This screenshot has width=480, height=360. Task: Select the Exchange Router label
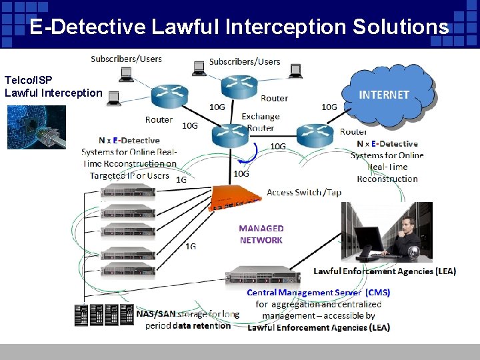(x=261, y=122)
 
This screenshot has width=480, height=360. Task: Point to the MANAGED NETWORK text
(x=261, y=234)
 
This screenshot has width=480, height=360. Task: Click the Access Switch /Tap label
(x=303, y=193)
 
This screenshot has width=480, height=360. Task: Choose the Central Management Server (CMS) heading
(x=318, y=293)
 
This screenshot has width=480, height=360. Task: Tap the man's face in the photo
(x=409, y=225)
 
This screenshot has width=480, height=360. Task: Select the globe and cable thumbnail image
(x=37, y=127)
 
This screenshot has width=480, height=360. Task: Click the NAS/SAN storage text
(x=188, y=313)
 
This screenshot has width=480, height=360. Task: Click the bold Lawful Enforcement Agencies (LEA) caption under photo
(x=385, y=271)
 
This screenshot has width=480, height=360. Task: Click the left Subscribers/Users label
(x=126, y=59)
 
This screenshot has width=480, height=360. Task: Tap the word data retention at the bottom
(x=201, y=326)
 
